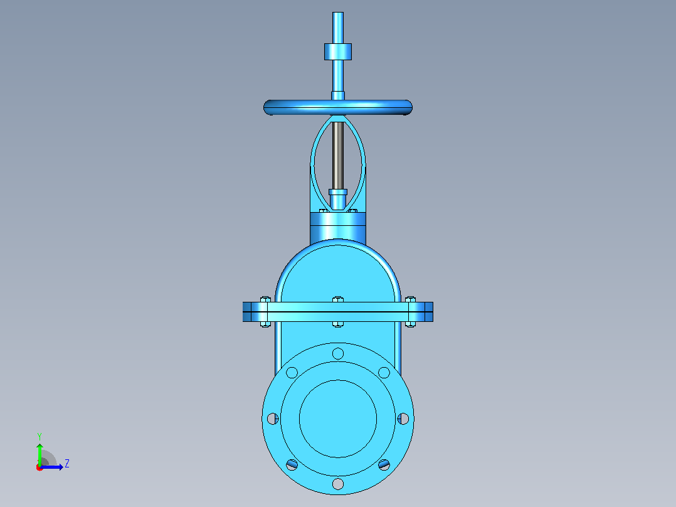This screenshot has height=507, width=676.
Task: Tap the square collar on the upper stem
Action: pyautogui.click(x=338, y=51)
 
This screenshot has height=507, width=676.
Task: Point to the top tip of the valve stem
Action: pyautogui.click(x=338, y=13)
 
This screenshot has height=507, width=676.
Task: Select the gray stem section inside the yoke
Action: pyautogui.click(x=337, y=156)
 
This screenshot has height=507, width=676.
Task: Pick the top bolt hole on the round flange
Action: pyautogui.click(x=338, y=354)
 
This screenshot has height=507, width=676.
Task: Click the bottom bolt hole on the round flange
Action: pyautogui.click(x=338, y=484)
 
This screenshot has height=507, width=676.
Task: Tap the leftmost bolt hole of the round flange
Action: pyautogui.click(x=272, y=419)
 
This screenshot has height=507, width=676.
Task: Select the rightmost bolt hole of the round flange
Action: pyautogui.click(x=403, y=419)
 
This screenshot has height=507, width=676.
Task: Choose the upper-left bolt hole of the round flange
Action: pyautogui.click(x=292, y=372)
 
